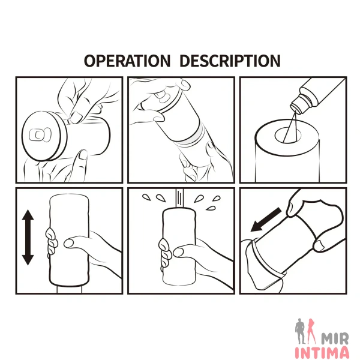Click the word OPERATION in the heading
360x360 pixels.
pyautogui.click(x=127, y=61)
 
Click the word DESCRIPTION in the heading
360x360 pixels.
pyautogui.click(x=230, y=61)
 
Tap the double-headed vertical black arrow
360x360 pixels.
pyautogui.click(x=28, y=238)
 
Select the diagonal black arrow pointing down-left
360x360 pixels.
pyautogui.click(x=266, y=220)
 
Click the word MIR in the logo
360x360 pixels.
pyautogui.click(x=335, y=339)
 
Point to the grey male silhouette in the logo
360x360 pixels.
pyautogui.click(x=301, y=331)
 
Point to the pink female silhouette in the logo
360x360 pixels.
pyautogui.click(x=312, y=331)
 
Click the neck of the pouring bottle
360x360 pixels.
pyautogui.click(x=298, y=104)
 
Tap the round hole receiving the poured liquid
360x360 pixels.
pyautogui.click(x=289, y=135)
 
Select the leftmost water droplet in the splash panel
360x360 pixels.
pyautogui.click(x=146, y=197)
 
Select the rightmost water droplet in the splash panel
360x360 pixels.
pyautogui.click(x=217, y=199)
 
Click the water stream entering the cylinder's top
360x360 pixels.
pyautogui.click(x=179, y=198)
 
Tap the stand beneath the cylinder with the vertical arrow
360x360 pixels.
pyautogui.click(x=69, y=289)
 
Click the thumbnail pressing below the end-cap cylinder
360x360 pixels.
pyautogui.click(x=83, y=155)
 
